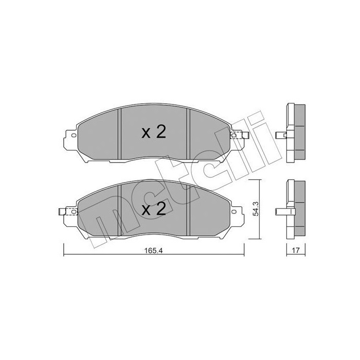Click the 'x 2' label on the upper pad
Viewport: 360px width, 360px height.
click(x=154, y=133)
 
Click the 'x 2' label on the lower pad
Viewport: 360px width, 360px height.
click(x=154, y=209)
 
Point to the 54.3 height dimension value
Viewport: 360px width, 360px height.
click(x=263, y=208)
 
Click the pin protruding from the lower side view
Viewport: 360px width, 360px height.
click(x=281, y=211)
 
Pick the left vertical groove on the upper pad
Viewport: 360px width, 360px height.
click(x=119, y=134)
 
